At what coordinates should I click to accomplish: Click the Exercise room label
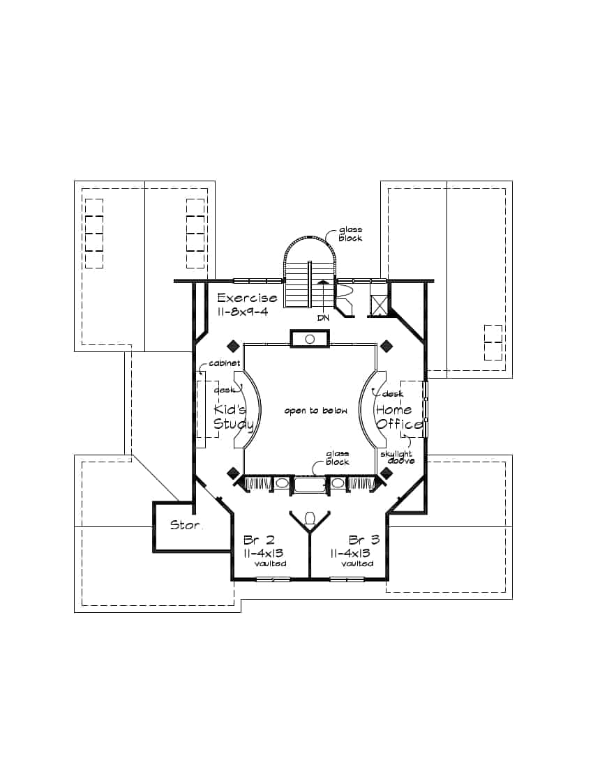pyautogui.click(x=246, y=298)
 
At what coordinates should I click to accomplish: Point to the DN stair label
pyautogui.click(x=323, y=318)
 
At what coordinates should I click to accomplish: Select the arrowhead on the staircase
pyautogui.click(x=323, y=282)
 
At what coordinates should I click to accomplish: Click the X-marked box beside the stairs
pyautogui.click(x=378, y=304)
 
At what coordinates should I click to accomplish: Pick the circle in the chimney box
pyautogui.click(x=310, y=339)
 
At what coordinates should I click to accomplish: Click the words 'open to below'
pyautogui.click(x=315, y=411)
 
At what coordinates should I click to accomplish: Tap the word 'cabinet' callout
pyautogui.click(x=225, y=363)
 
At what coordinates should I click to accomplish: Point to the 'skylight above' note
pyautogui.click(x=397, y=457)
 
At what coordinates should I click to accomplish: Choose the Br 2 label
pyautogui.click(x=259, y=540)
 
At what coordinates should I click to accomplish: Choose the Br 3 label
pyautogui.click(x=364, y=540)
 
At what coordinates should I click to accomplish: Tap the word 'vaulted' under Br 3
pyautogui.click(x=357, y=563)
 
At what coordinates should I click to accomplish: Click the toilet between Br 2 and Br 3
pyautogui.click(x=310, y=518)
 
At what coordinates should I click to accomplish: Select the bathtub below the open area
pyautogui.click(x=310, y=485)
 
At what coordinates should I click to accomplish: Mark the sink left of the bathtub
pyautogui.click(x=282, y=483)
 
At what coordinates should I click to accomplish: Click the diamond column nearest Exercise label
pyautogui.click(x=232, y=346)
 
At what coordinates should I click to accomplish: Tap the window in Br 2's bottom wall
pyautogui.click(x=273, y=579)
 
